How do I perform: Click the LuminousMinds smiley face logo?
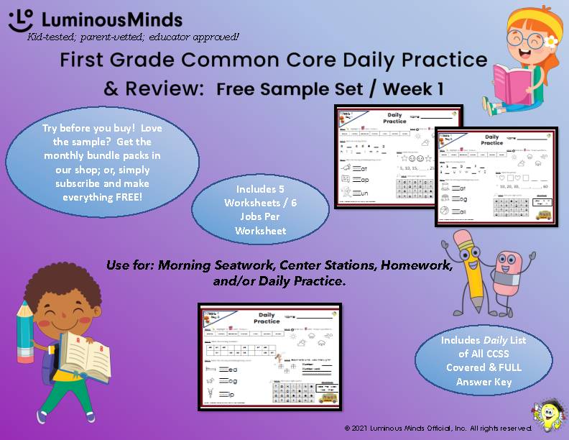pyautogui.click(x=21, y=19)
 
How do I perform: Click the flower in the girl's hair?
pyautogui.click(x=551, y=40)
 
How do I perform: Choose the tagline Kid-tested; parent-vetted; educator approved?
pyautogui.click(x=133, y=36)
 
